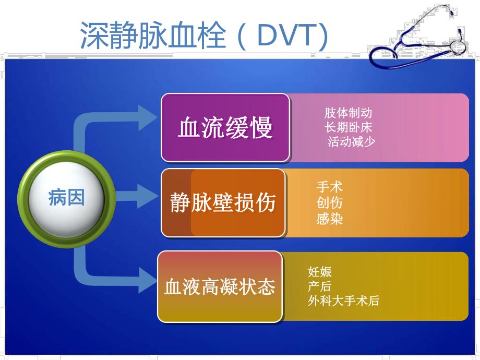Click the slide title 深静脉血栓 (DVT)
point(204,35)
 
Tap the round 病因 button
point(66,198)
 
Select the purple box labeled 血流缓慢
point(225,127)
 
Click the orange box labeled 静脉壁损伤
point(223,202)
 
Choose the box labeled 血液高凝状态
point(220,286)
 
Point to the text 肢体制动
point(348,113)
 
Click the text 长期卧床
point(348,127)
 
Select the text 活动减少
point(351,141)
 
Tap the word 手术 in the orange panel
point(330,186)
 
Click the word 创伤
point(330,202)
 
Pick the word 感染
point(330,218)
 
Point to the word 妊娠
point(320,271)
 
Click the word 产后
point(319,286)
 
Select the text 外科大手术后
point(343,301)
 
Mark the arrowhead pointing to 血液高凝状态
point(147,279)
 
